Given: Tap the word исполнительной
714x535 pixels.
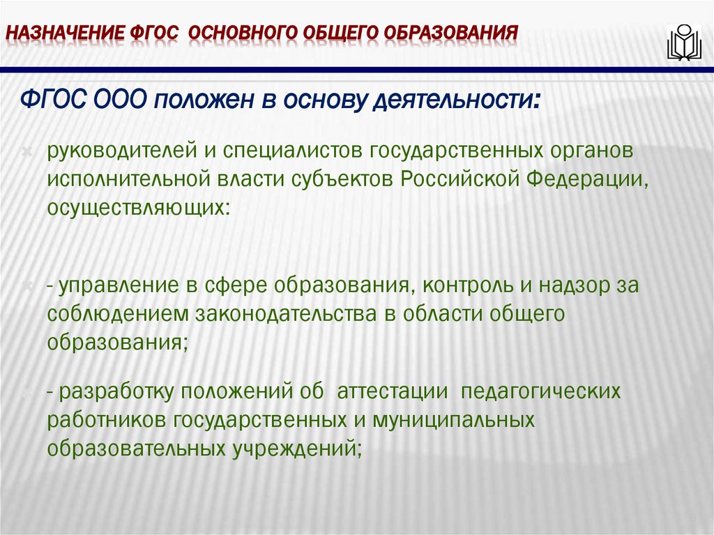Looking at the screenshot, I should pos(129,179).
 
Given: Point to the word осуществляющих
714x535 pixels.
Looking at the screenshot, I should pos(136,207).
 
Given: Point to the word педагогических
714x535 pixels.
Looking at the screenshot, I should pos(540,392).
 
